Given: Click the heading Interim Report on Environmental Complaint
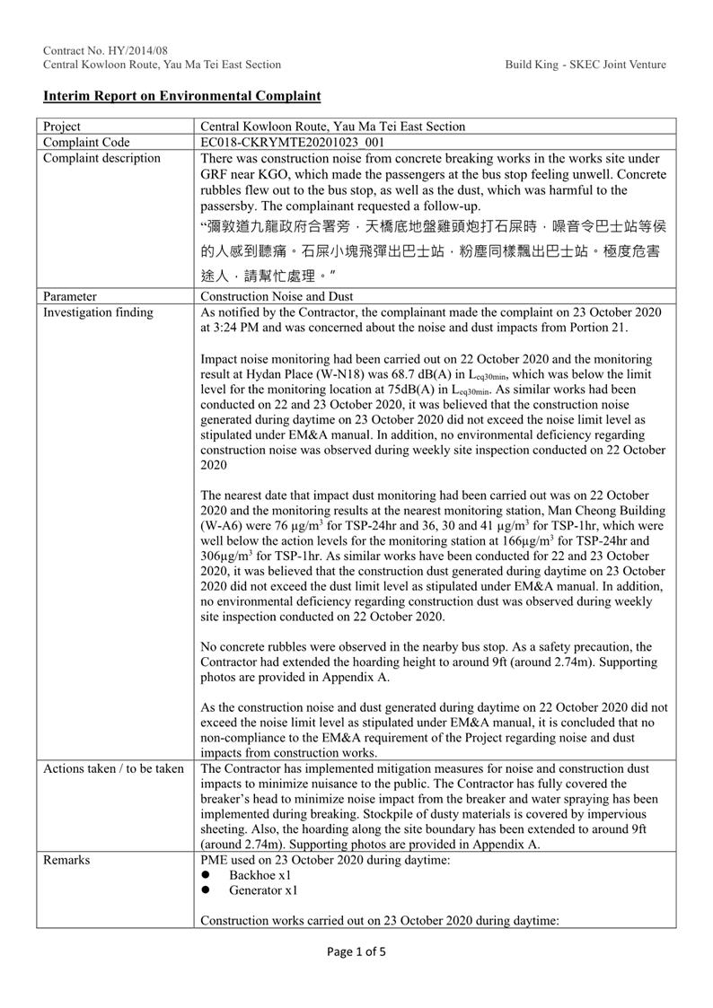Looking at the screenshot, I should pos(182,96).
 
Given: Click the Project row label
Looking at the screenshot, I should pos(61,127).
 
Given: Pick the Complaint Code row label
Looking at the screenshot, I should pos(86,143).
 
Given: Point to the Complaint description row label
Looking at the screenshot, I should pos(101,159).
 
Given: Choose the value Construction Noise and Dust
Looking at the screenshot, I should pos(277,296).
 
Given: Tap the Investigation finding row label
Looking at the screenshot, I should pos(99,312).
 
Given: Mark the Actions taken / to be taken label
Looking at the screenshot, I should pos(112,769).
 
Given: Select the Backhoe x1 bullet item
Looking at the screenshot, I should pos(260,875).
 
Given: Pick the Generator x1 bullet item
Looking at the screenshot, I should pos(263,891).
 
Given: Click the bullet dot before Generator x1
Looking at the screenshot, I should pos(206,891).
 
